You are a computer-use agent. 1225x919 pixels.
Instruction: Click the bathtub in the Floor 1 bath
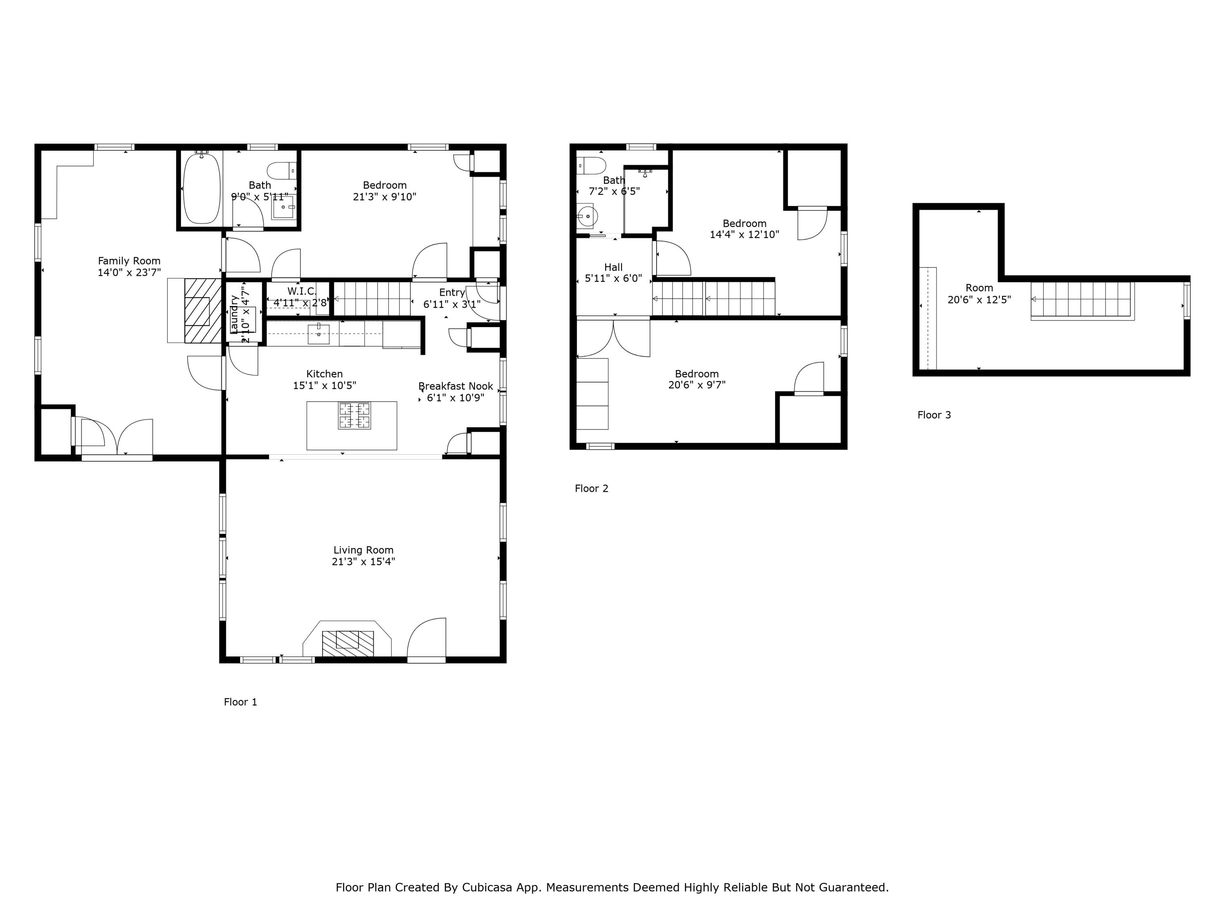[x=202, y=188]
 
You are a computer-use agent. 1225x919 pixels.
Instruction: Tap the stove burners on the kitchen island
[x=354, y=415]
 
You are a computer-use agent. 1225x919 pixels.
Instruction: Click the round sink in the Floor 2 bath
[x=586, y=216]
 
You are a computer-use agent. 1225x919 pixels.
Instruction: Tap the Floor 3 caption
[x=934, y=415]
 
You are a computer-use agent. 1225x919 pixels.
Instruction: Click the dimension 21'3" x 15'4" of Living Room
[x=363, y=562]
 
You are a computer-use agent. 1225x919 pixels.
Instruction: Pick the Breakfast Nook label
[x=455, y=386]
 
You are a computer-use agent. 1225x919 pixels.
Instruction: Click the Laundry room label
[x=234, y=315]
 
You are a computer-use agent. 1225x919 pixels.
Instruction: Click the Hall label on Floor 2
[x=613, y=267]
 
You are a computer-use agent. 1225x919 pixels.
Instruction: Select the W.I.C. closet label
[x=301, y=291]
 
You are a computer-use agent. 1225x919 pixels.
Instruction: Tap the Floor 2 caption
[x=591, y=488]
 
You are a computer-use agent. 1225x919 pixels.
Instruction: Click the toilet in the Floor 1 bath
[x=281, y=171]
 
